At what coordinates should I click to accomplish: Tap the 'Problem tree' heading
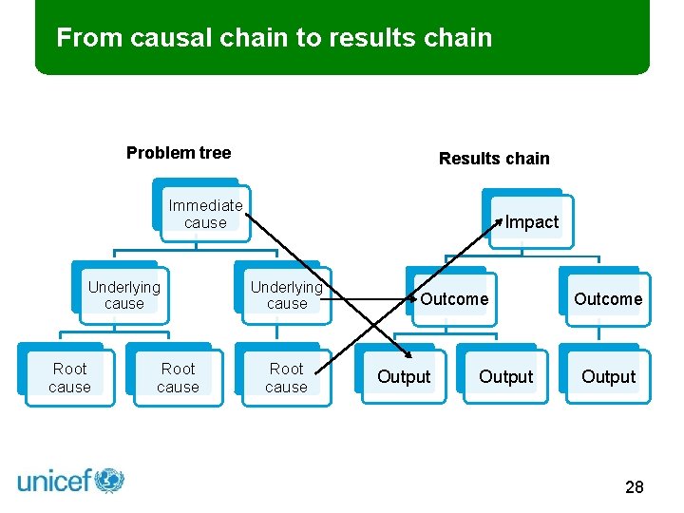179,153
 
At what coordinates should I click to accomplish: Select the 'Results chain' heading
494,159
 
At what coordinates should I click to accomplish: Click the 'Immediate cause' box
205,214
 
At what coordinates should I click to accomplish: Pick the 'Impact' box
531,222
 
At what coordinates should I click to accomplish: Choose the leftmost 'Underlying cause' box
123,294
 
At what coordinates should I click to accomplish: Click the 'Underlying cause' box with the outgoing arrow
286,294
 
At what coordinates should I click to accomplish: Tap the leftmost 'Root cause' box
69,377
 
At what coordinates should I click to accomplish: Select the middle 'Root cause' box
178,377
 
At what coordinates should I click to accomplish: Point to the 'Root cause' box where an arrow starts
286,377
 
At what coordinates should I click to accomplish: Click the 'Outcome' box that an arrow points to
454,299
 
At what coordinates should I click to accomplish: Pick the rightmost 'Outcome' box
608,299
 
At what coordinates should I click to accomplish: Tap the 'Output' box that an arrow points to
404,377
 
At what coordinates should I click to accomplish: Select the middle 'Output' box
505,377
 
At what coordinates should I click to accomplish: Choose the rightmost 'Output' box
608,377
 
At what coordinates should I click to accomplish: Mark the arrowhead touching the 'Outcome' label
414,298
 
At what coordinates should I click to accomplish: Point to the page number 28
634,487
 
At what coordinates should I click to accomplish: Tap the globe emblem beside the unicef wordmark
109,480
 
